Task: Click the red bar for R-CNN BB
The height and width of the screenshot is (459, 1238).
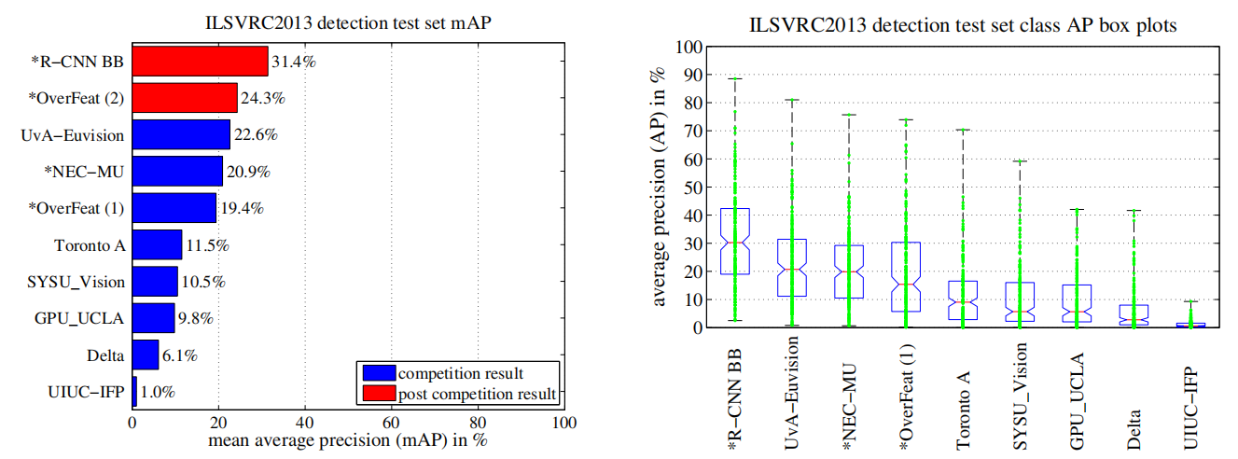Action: (200, 62)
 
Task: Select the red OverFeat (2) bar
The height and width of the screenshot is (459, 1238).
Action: (185, 97)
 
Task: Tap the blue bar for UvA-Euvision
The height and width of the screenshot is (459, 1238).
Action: (181, 134)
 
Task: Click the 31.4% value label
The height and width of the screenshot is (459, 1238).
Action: (294, 62)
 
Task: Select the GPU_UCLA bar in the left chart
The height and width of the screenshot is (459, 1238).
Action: (153, 318)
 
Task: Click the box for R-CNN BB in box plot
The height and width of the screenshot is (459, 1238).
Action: (735, 241)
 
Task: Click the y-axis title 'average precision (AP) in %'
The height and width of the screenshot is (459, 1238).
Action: (661, 187)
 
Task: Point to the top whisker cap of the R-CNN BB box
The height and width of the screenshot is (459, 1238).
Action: (735, 79)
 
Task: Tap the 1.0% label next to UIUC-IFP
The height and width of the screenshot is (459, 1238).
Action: (157, 393)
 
